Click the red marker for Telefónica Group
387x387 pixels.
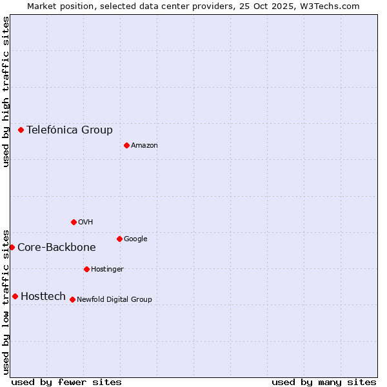(21, 130)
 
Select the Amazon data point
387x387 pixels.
(126, 145)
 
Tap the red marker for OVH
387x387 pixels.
(74, 222)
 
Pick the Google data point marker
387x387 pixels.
(119, 239)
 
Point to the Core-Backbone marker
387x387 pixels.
(12, 247)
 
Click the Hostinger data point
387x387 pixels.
(86, 269)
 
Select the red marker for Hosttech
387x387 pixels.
(15, 296)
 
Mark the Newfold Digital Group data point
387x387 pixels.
(72, 299)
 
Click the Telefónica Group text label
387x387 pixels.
(70, 130)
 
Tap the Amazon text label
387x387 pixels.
(144, 145)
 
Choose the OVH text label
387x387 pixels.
(86, 222)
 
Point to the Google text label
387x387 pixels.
(135, 239)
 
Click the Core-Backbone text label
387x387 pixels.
(57, 247)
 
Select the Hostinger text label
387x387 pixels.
(107, 269)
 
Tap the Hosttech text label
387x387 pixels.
(43, 296)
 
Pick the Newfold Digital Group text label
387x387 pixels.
(114, 299)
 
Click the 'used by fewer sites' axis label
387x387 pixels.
(66, 382)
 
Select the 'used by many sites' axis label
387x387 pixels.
(324, 382)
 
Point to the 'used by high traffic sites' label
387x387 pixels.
(6, 92)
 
